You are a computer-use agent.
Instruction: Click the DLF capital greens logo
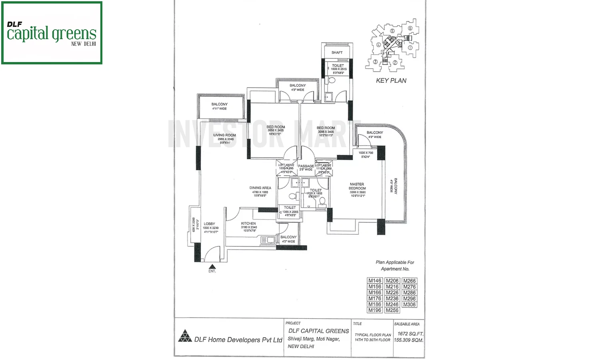pos(52,33)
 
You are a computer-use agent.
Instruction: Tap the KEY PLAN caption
pos(391,80)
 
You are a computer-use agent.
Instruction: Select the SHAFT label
pos(337,52)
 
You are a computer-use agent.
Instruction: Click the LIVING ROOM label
pos(224,135)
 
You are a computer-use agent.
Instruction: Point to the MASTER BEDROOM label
pos(357,186)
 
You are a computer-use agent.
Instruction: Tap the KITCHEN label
pos(248,224)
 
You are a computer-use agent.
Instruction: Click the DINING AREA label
pos(260,188)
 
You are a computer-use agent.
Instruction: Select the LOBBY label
pos(209,224)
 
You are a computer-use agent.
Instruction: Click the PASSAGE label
pos(306,166)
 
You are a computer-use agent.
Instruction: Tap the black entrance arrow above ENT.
pos(212,266)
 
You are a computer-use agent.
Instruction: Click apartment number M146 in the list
pos(375,281)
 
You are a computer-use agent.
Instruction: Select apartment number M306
pos(409,304)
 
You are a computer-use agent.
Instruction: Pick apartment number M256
pos(392,310)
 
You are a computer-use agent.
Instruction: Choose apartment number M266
pos(409,281)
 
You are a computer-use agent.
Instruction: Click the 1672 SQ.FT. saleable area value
pos(410,334)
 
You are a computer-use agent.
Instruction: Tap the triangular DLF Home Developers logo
pos(185,336)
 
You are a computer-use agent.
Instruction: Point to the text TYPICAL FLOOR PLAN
pos(373,335)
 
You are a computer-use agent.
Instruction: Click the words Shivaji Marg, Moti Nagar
pos(314,339)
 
